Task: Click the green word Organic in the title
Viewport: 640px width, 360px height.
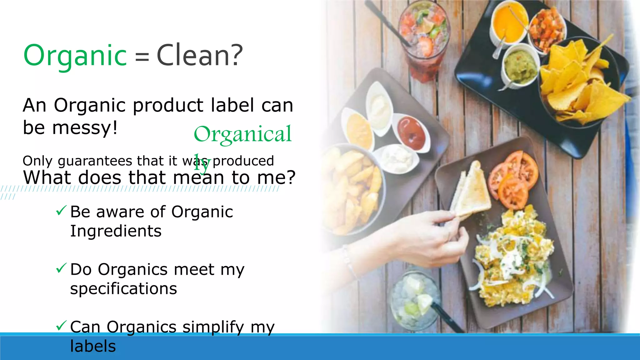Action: click(75, 56)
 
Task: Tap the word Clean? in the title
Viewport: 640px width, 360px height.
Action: click(199, 56)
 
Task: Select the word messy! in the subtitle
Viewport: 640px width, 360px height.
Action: click(85, 127)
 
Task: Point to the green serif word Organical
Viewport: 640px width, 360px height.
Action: click(242, 134)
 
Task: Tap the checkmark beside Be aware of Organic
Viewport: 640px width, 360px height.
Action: click(61, 211)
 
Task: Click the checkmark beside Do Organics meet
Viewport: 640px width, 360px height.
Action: click(61, 268)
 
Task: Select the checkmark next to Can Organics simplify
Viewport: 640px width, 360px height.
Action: click(61, 326)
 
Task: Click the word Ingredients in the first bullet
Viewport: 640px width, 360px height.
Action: click(116, 231)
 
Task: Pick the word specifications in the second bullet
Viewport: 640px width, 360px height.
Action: click(123, 289)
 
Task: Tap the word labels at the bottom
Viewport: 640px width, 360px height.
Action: click(93, 346)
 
